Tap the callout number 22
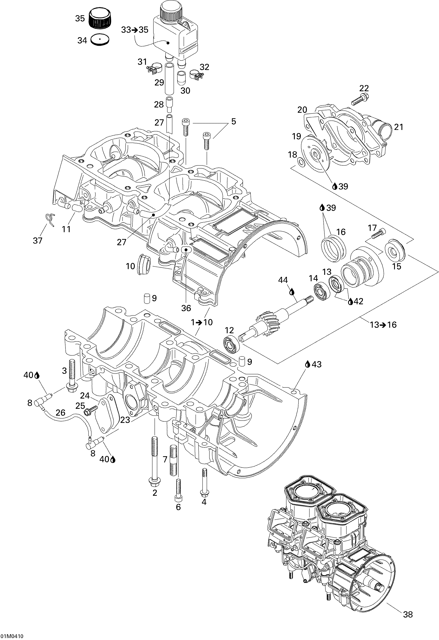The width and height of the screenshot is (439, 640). point(364,88)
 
